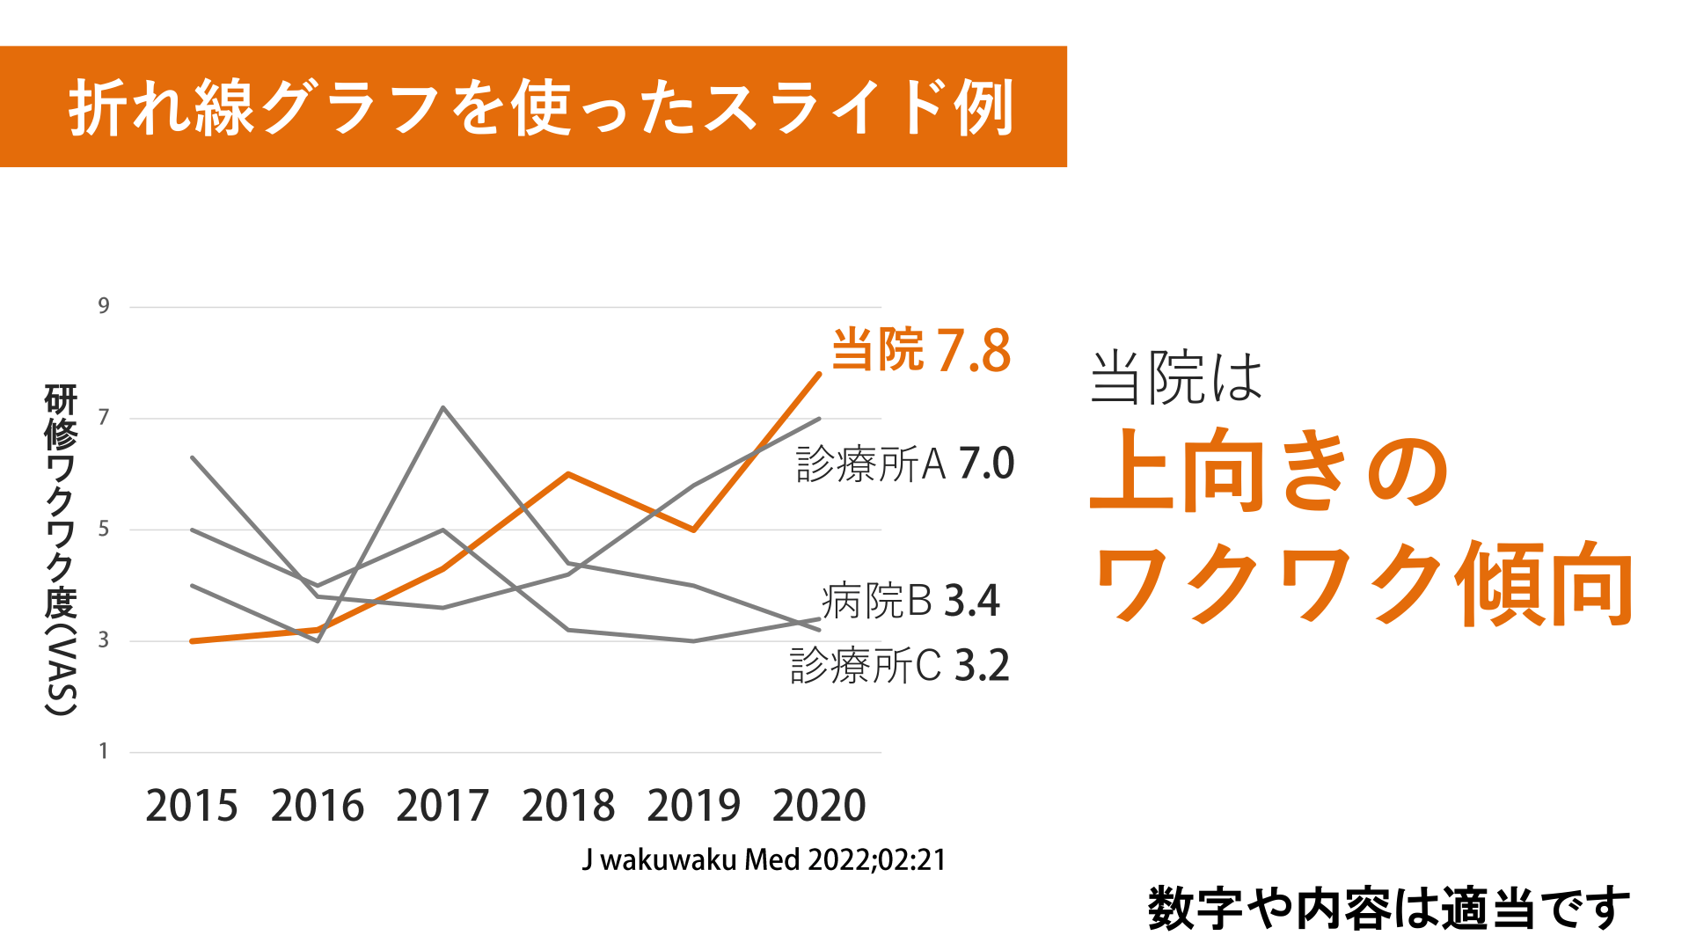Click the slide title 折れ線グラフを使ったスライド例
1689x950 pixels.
[x=541, y=107]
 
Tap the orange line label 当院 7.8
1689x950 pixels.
[x=921, y=350]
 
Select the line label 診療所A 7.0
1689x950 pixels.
[x=905, y=464]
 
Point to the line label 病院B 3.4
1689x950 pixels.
[x=910, y=601]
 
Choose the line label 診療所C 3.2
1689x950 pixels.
[x=899, y=665]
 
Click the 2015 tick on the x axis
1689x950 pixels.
[x=192, y=806]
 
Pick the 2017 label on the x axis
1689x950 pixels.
[x=442, y=806]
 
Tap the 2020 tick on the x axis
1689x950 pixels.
[x=819, y=806]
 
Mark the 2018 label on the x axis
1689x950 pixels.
[x=568, y=806]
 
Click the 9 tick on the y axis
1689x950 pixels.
[x=104, y=306]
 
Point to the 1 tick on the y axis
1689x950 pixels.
[x=104, y=751]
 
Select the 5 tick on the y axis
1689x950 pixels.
[x=104, y=529]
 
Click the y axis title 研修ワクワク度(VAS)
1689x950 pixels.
[x=61, y=550]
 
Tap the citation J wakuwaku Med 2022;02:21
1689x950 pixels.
[x=764, y=859]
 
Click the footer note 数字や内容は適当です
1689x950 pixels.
[x=1389, y=908]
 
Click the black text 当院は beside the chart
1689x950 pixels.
[x=1176, y=378]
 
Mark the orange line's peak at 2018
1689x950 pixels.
[x=569, y=474]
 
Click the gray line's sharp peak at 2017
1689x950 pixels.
[x=443, y=407]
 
